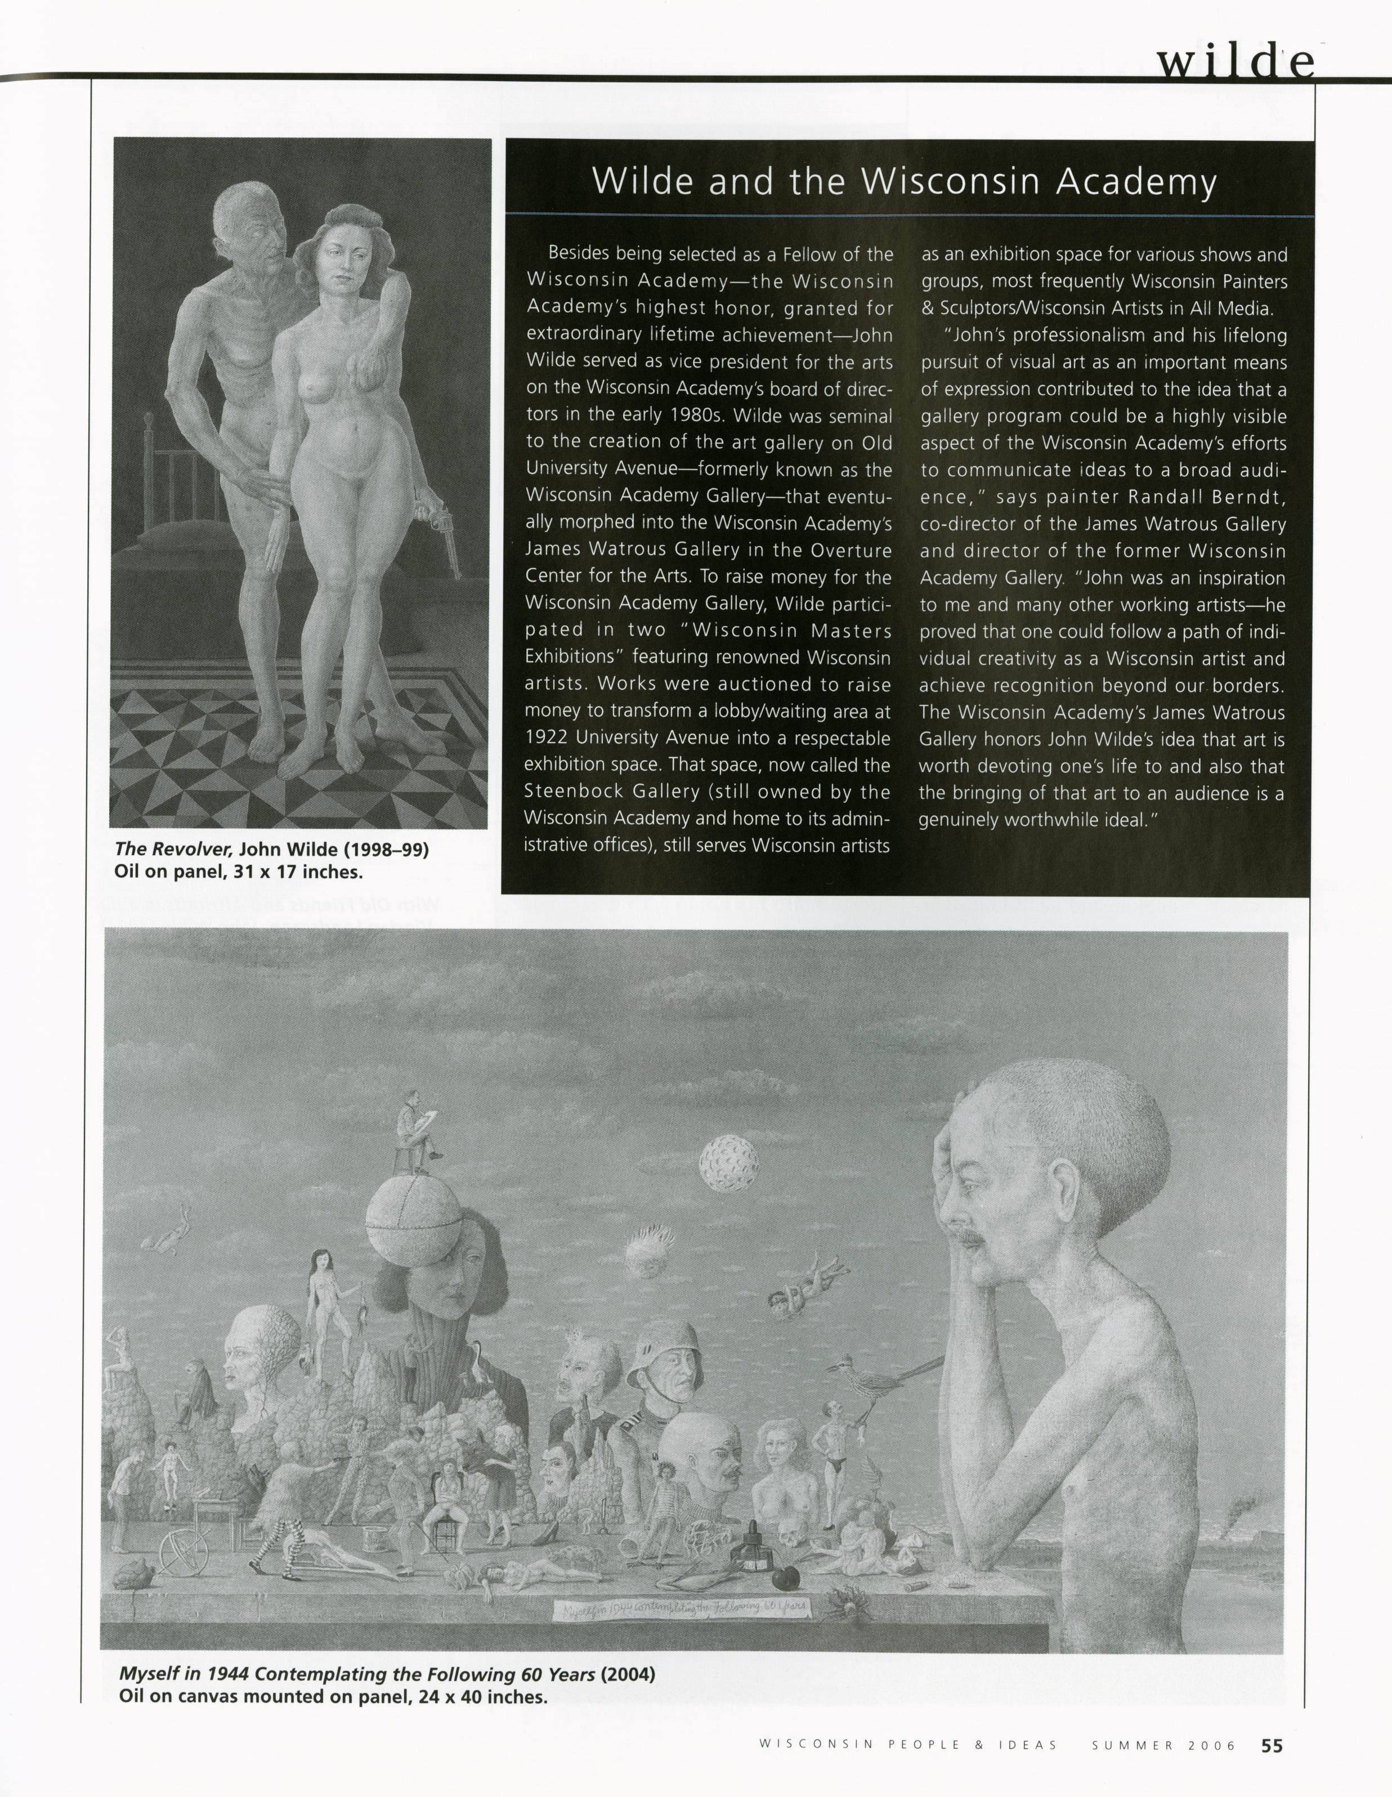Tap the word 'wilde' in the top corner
pos(1234,62)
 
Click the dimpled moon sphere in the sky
pos(729,1163)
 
